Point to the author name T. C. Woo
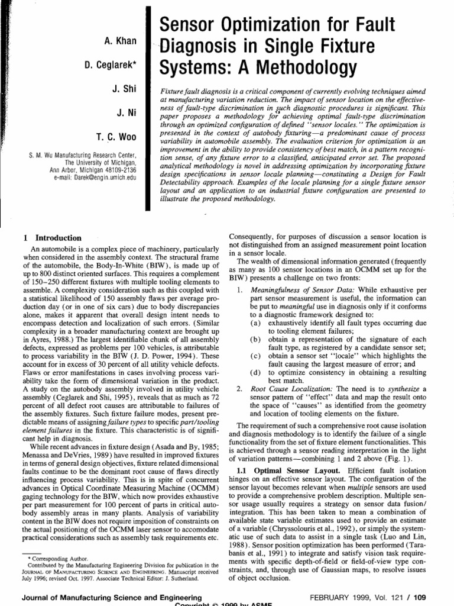click(117, 137)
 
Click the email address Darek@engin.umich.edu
click(102, 177)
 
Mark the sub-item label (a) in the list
click(255, 324)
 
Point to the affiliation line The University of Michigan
click(101, 162)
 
